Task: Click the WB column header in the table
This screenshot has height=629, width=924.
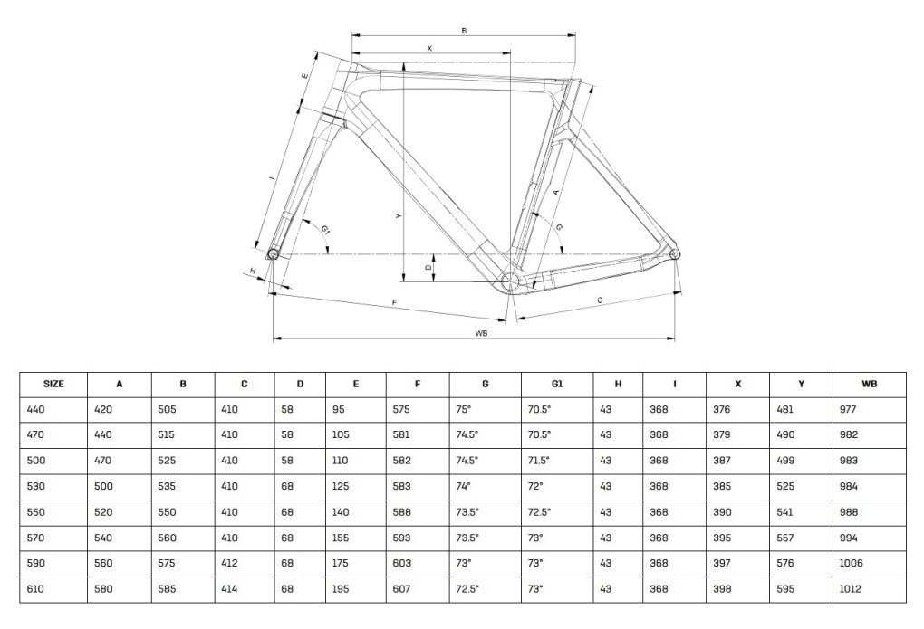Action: coord(870,384)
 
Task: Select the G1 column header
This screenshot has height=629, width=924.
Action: coord(557,384)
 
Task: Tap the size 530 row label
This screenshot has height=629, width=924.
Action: coord(36,487)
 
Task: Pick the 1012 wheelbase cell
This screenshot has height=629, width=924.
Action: coord(851,589)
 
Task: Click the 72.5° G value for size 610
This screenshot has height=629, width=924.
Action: coord(467,589)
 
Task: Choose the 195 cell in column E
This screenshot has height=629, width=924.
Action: coord(341,589)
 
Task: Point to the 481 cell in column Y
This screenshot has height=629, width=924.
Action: coord(784,409)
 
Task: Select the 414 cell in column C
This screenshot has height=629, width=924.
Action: coord(229,589)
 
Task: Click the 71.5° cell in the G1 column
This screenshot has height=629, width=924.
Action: coord(539,461)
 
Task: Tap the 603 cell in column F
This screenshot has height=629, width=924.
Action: coord(402,563)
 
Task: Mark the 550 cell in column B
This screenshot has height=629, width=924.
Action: coord(167,512)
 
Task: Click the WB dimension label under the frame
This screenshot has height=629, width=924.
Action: coord(481,333)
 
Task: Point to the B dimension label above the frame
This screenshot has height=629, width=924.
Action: coord(465,31)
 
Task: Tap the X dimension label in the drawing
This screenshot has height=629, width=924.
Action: coord(429,48)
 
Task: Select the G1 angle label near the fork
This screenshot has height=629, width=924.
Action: coord(326,229)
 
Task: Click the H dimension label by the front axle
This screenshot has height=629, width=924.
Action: coord(254,271)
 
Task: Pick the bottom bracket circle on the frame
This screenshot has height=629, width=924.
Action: coord(510,281)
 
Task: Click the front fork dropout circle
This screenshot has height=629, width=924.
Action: coord(273,253)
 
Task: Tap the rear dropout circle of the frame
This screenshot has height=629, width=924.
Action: coord(675,253)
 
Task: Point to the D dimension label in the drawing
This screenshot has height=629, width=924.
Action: coord(428,267)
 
